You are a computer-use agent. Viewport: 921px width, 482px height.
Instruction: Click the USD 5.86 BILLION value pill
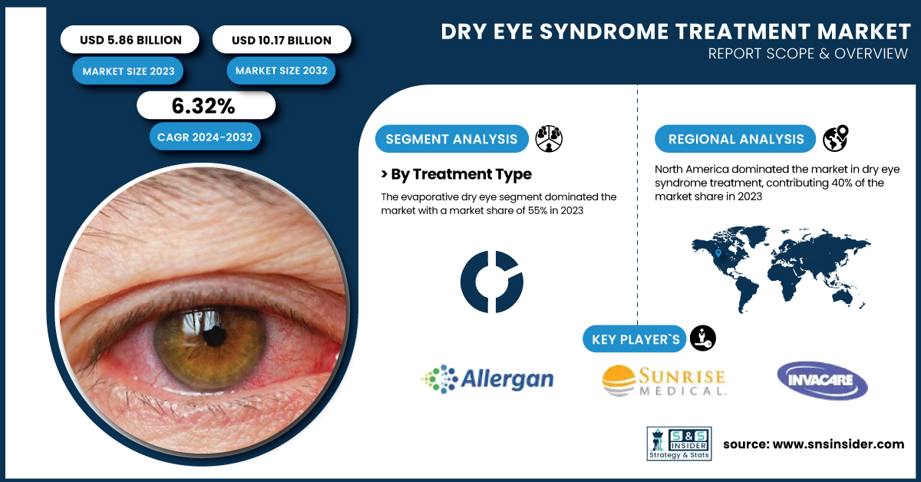click(x=130, y=39)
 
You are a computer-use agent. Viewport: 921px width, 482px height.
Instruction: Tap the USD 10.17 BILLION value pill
click(x=282, y=39)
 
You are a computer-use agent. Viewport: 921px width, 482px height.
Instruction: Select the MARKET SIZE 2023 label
click(x=128, y=71)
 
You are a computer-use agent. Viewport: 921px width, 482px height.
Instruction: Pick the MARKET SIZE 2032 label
click(x=281, y=71)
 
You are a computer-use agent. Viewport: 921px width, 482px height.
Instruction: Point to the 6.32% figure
click(x=204, y=106)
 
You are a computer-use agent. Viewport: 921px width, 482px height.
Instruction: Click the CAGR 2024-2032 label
click(x=205, y=137)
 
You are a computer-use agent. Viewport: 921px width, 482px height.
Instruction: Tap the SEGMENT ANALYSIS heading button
click(x=451, y=139)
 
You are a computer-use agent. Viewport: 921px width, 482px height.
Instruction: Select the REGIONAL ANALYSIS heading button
click(x=735, y=139)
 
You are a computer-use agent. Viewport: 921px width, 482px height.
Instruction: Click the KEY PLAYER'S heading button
click(x=635, y=339)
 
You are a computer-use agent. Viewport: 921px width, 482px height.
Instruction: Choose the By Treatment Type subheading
click(x=457, y=174)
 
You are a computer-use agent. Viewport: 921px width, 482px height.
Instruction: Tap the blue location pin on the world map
click(x=718, y=253)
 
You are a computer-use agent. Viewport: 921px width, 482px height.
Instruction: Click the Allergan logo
click(x=487, y=379)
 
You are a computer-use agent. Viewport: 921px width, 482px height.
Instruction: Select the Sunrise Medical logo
click(x=664, y=381)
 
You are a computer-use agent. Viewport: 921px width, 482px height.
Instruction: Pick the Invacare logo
click(x=822, y=381)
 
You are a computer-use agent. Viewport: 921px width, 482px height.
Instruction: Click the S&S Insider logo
click(x=678, y=444)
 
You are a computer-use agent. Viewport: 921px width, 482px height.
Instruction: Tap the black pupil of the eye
click(x=214, y=336)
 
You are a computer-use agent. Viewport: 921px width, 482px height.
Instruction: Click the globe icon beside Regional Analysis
click(x=835, y=139)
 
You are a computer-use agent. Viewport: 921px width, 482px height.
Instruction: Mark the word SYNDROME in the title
click(x=604, y=31)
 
